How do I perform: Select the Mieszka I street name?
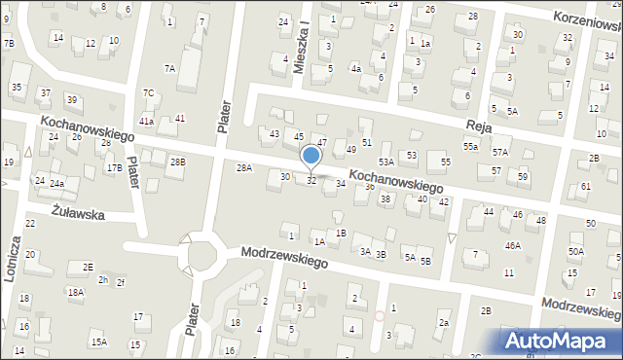[303, 40]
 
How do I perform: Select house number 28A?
[244, 168]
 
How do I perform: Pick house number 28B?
[177, 162]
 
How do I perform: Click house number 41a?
[146, 122]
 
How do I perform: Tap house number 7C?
[149, 93]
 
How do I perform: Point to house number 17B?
[114, 167]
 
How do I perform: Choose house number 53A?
[386, 162]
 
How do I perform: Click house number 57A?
[499, 152]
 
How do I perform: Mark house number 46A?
[513, 246]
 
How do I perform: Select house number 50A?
[576, 252]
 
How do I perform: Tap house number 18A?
[76, 292]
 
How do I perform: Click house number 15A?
[99, 342]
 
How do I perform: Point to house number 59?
[523, 176]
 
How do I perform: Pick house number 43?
[275, 133]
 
